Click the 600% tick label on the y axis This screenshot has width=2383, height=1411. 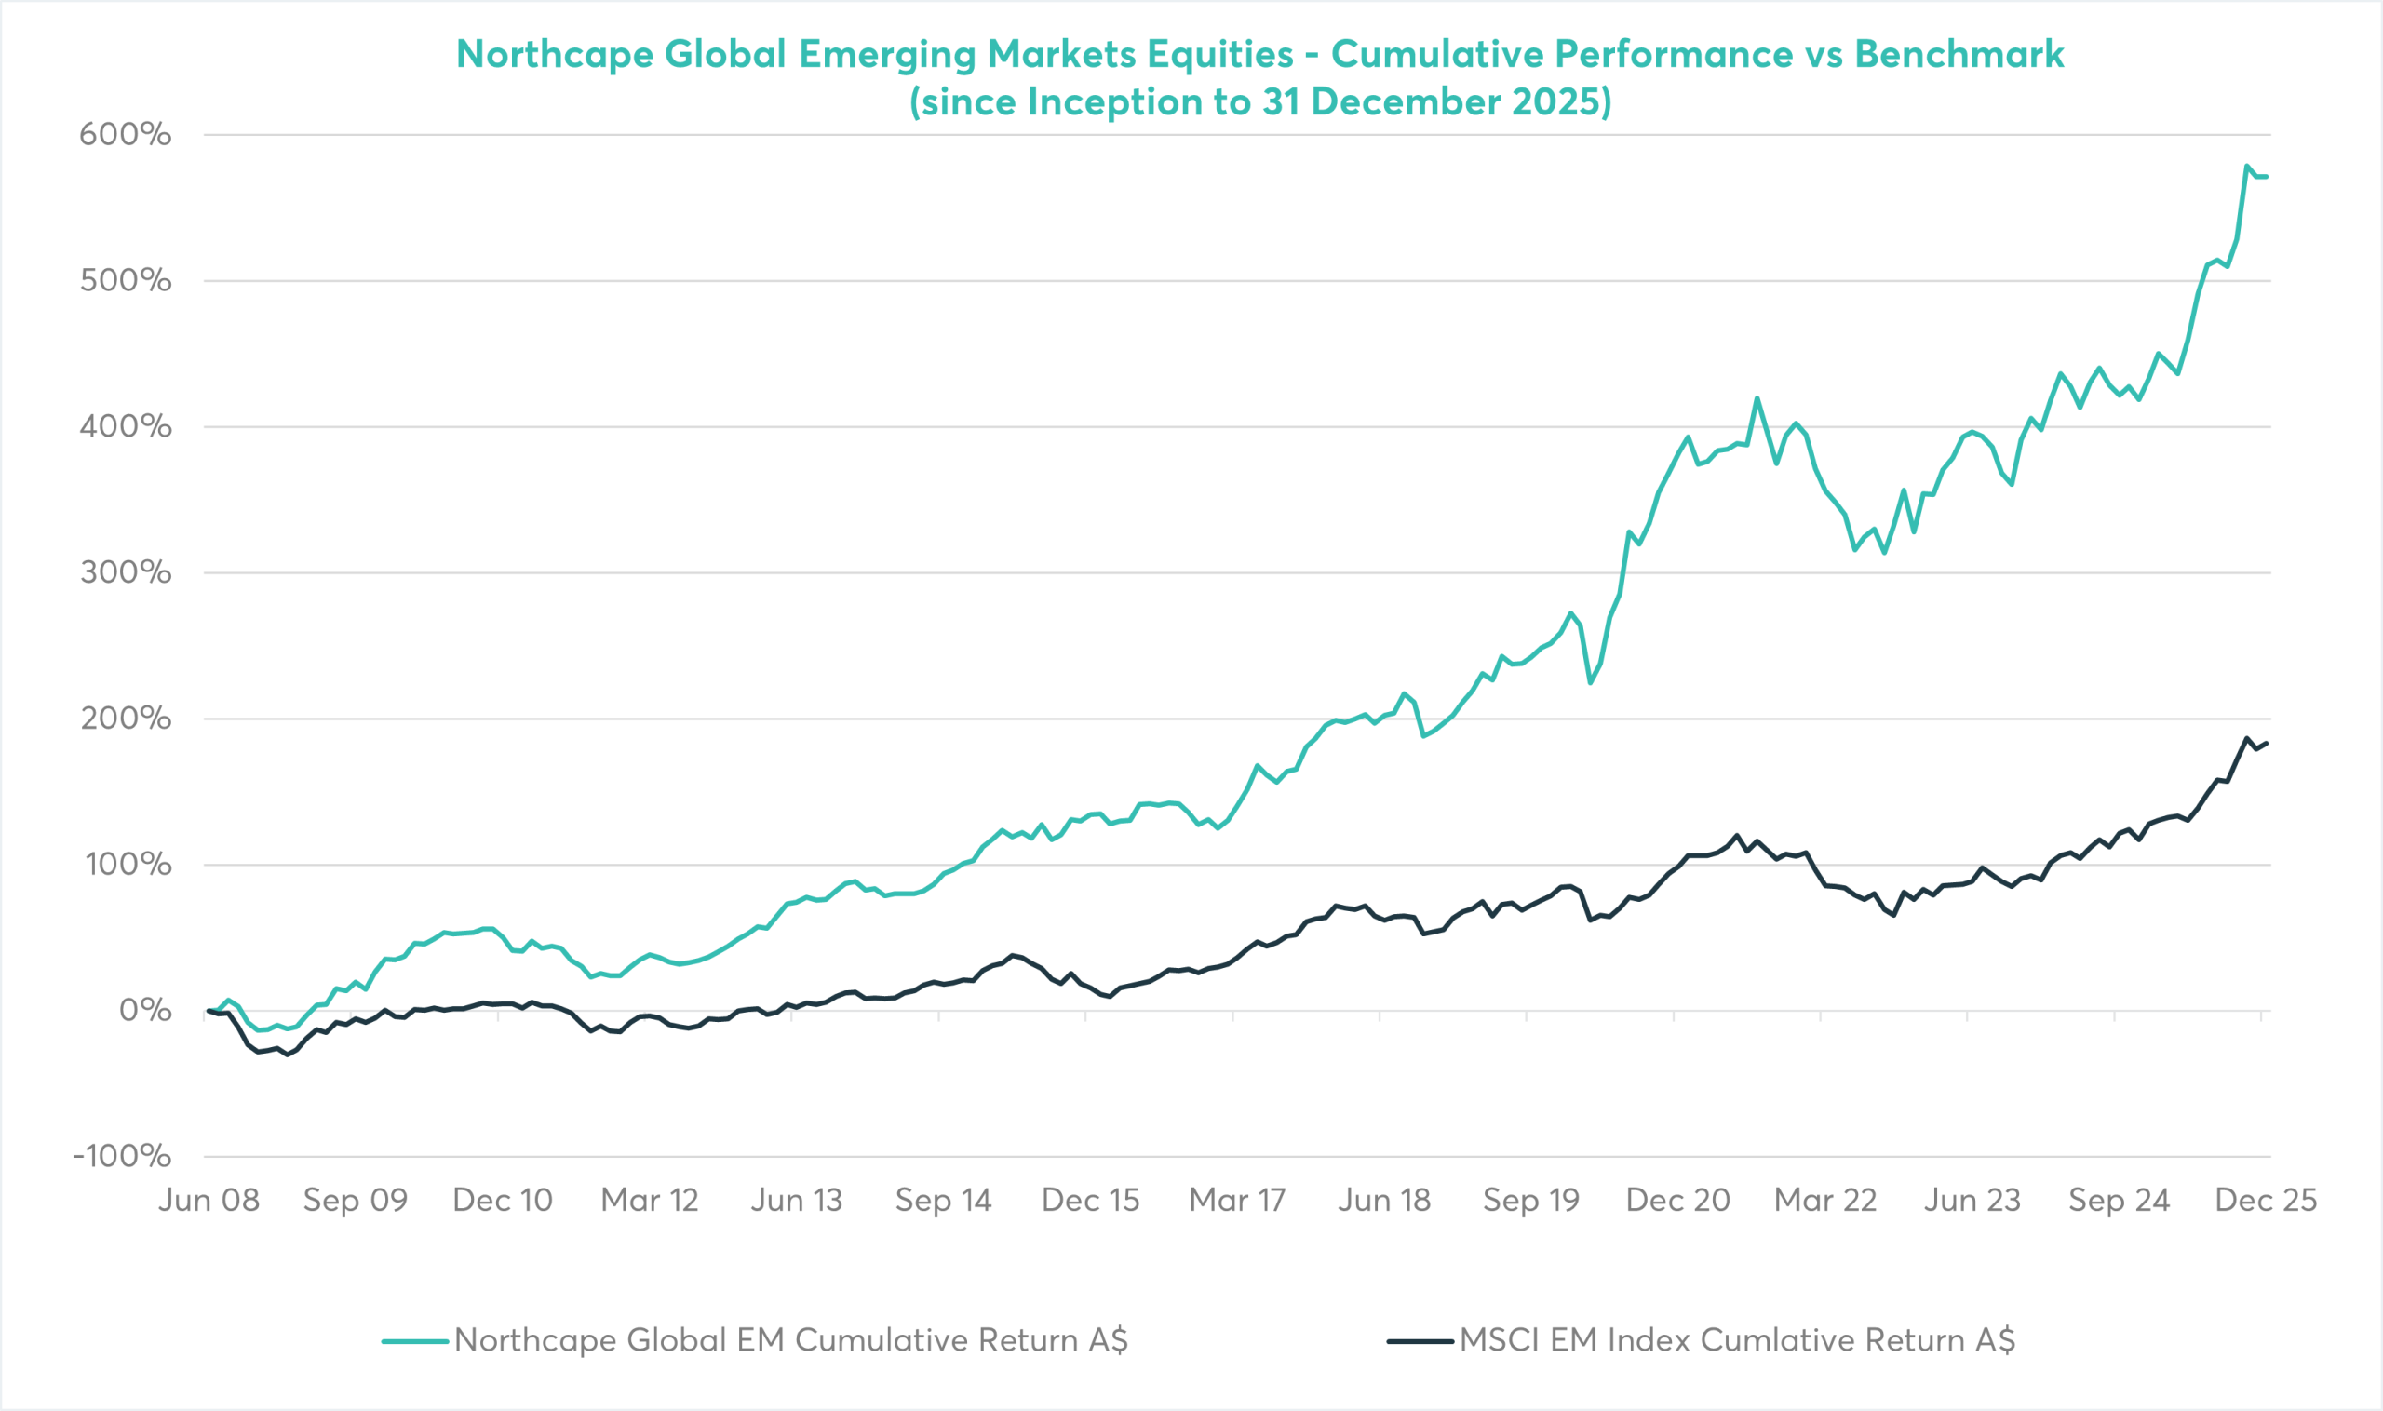(125, 135)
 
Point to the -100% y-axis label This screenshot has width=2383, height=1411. (122, 1156)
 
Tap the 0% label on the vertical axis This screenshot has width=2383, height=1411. (144, 1010)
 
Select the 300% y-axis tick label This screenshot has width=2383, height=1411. (125, 572)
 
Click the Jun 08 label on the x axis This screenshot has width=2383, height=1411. (209, 1201)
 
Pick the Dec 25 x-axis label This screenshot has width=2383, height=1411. (2266, 1201)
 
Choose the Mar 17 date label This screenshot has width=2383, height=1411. (1237, 1201)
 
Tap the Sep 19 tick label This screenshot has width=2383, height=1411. (1531, 1201)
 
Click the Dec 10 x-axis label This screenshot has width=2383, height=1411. (502, 1201)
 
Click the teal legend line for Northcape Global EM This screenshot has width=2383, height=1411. (415, 1341)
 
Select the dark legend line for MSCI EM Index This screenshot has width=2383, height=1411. (1420, 1341)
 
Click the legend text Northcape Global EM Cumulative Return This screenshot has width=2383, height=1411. (791, 1340)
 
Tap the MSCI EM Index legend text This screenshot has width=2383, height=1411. (1737, 1340)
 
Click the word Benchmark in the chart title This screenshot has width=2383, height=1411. (1959, 54)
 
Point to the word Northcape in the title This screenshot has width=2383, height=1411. (555, 54)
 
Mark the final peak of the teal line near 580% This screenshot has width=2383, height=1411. (2246, 167)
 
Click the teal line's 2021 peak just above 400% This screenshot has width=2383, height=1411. (1757, 398)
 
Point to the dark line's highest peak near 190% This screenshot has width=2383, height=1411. (2246, 739)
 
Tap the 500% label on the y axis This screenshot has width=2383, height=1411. (125, 280)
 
